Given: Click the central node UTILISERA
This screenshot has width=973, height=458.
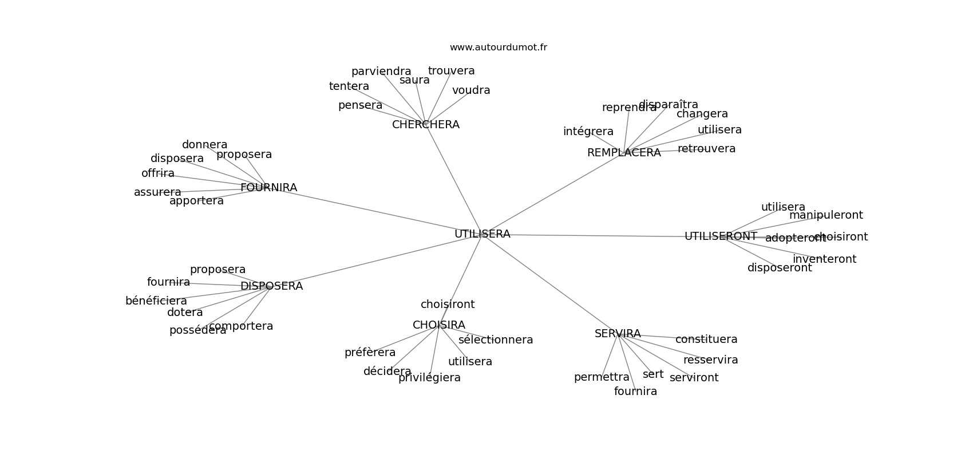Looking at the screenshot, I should click(482, 234).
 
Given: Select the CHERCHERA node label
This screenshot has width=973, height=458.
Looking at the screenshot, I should click(425, 125).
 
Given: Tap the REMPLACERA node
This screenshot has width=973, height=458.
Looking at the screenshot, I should click(623, 153).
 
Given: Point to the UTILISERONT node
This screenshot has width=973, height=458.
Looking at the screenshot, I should click(720, 236).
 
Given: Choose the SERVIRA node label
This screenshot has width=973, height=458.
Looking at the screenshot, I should click(617, 334).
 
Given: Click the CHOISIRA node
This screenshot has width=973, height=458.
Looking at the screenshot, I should click(438, 325).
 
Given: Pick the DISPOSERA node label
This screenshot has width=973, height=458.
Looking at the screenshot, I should click(271, 286).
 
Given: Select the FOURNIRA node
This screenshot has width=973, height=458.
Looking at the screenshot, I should click(268, 188).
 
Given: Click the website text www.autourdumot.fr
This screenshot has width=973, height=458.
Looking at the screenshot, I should click(498, 48).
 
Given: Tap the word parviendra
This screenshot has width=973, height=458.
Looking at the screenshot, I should click(381, 72).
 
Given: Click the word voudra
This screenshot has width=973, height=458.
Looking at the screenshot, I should click(471, 90).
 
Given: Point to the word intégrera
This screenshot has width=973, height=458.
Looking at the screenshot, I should click(588, 132).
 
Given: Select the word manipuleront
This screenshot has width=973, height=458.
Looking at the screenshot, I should click(825, 215).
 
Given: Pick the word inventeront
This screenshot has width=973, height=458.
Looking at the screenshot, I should click(824, 259).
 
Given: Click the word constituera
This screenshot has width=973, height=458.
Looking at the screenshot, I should click(706, 339).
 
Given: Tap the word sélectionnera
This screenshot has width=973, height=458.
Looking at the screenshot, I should click(495, 340).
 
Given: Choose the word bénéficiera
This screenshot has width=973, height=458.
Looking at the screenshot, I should click(156, 301).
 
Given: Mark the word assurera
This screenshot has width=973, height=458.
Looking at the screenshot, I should click(157, 192).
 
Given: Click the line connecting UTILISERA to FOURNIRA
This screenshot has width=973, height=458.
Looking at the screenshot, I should click(378, 212).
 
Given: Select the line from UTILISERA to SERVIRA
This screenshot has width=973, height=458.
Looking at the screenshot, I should click(549, 284).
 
